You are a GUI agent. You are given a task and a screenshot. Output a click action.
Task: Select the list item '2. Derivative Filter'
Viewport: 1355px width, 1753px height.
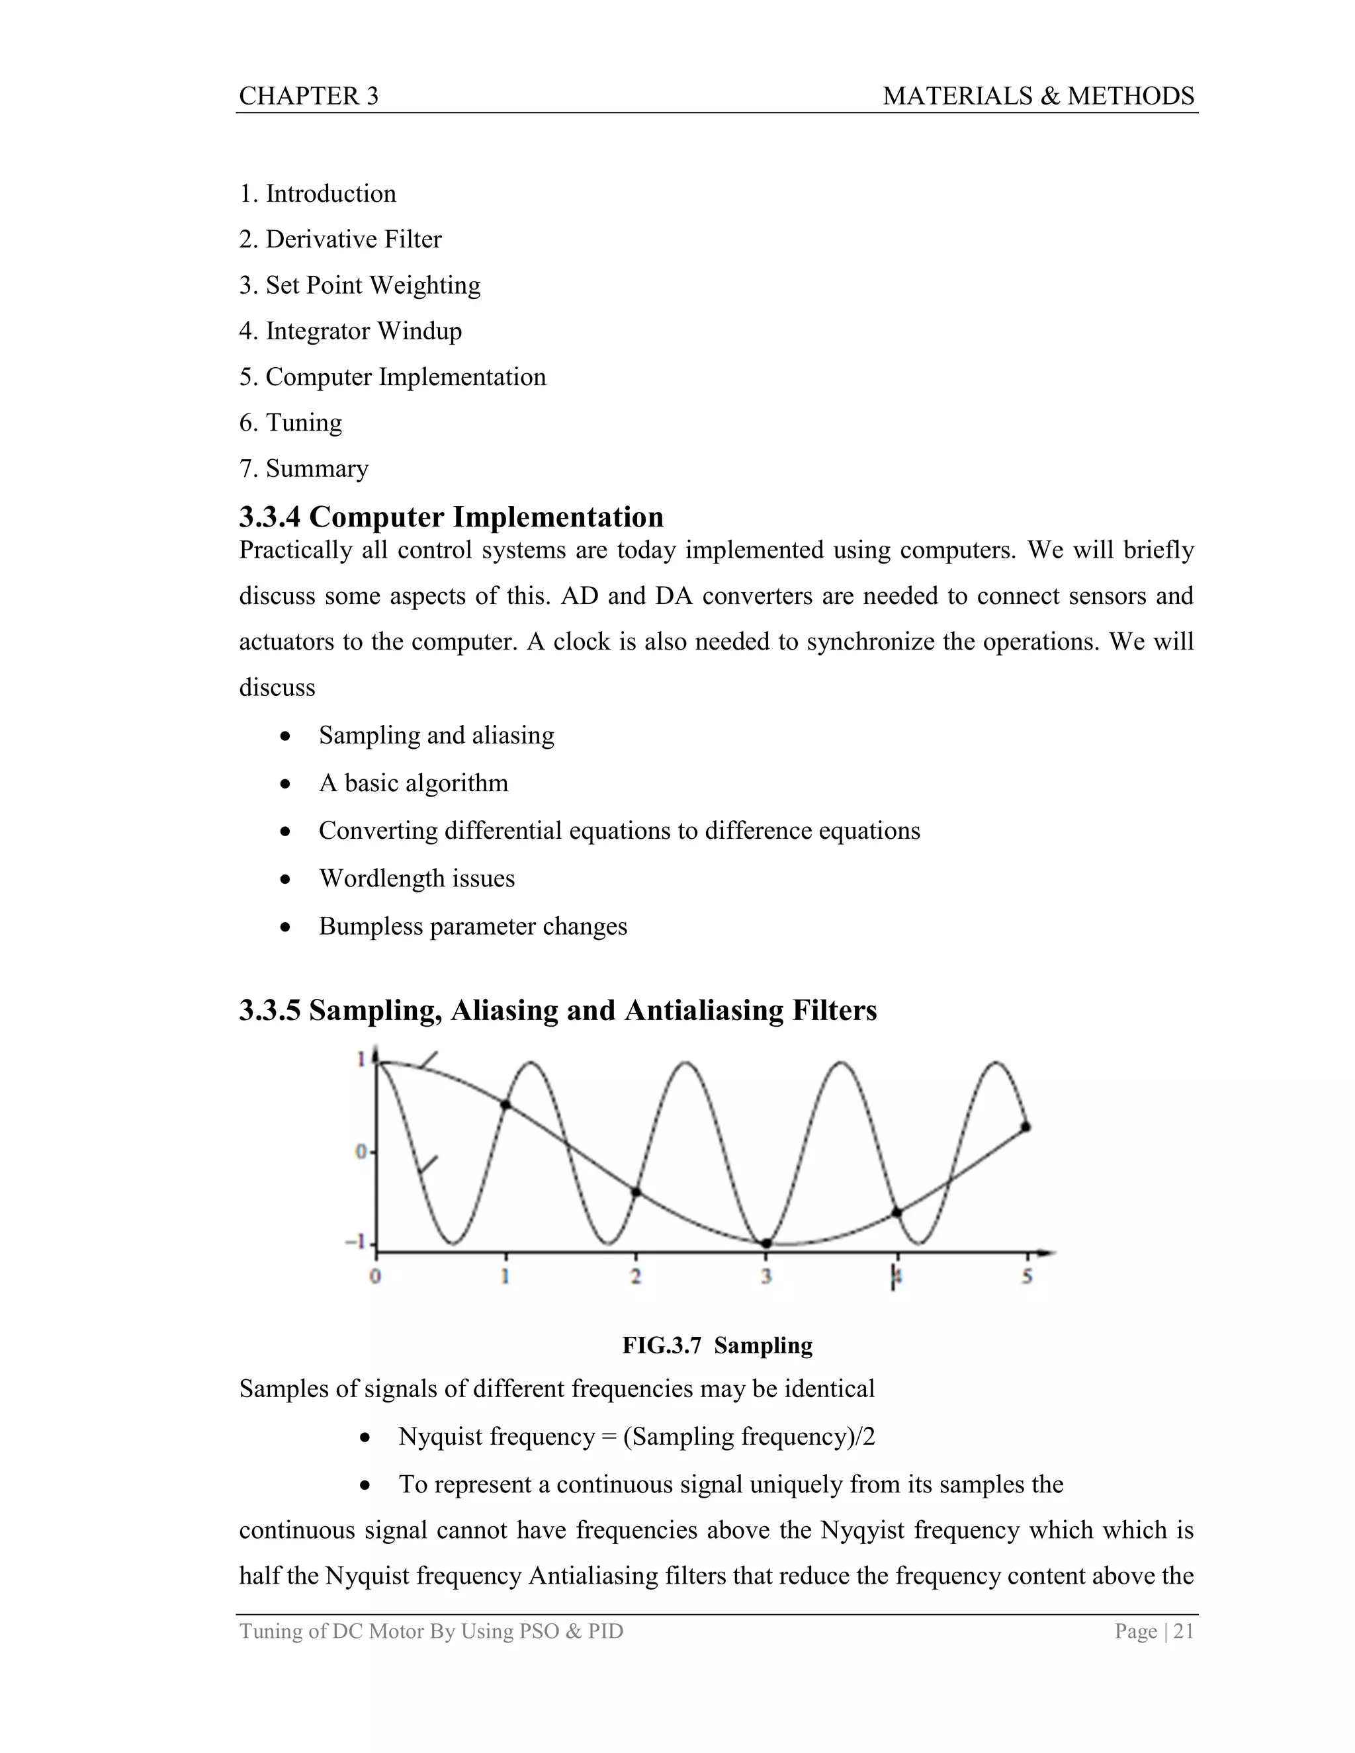coord(340,239)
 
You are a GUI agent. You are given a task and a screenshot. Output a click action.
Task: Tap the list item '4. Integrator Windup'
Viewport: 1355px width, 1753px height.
coord(350,331)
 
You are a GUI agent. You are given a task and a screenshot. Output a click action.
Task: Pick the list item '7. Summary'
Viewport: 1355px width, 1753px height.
coord(304,468)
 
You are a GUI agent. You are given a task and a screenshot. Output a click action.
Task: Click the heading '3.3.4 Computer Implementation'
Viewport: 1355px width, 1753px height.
coord(451,517)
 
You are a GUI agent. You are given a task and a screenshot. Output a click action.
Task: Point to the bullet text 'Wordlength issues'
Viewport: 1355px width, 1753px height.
coord(417,878)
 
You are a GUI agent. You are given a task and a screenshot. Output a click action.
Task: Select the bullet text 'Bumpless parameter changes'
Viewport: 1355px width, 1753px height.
coord(473,926)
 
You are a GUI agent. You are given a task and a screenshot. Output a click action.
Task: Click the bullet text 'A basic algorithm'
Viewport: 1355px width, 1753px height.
coord(414,783)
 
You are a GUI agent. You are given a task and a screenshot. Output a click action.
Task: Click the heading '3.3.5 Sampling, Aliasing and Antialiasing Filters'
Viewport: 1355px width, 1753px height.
coord(558,1009)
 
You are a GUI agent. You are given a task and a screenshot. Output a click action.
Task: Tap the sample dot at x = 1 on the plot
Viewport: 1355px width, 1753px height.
coord(505,1105)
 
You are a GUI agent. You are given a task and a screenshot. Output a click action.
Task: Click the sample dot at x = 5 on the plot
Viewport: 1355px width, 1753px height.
coord(1026,1127)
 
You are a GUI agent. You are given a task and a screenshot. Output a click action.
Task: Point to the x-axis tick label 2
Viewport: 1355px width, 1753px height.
coord(636,1276)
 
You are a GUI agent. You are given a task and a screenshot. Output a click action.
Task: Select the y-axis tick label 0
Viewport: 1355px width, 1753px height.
coord(361,1152)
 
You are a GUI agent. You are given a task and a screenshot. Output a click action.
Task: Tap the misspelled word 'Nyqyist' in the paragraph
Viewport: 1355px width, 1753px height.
coord(863,1530)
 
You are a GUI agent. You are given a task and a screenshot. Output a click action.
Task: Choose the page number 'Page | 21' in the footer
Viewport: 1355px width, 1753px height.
coord(1153,1631)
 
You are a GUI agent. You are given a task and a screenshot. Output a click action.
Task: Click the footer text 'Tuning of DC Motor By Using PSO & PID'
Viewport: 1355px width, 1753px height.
coord(431,1631)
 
